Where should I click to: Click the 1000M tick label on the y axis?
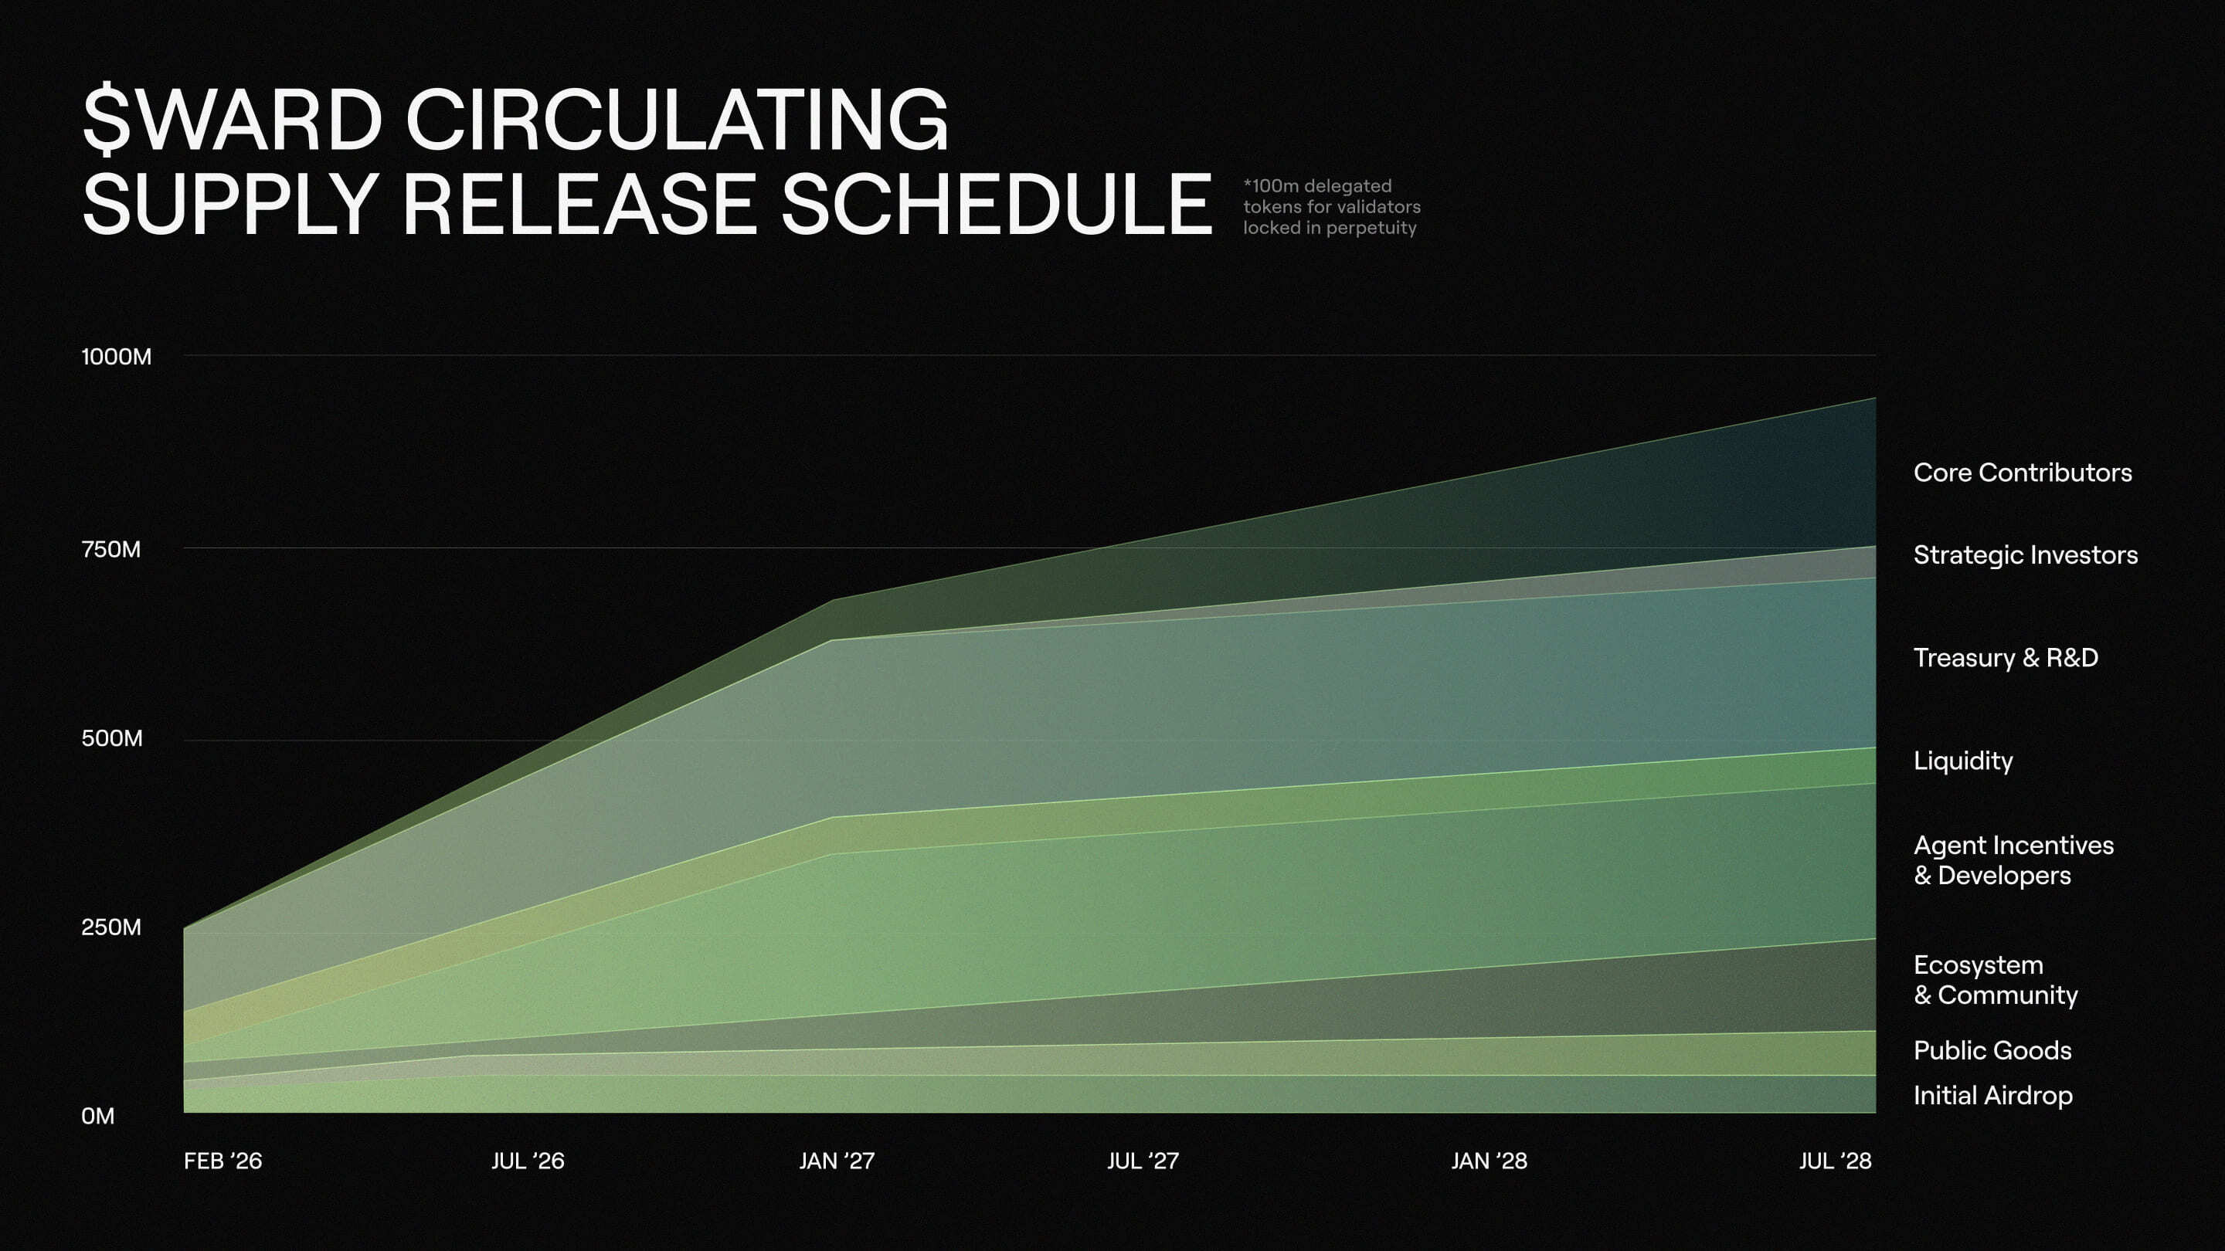click(x=116, y=357)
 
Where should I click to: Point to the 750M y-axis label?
click(x=110, y=549)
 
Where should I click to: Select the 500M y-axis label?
click(x=111, y=738)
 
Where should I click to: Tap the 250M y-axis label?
click(x=110, y=927)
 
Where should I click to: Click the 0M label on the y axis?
click(x=97, y=1117)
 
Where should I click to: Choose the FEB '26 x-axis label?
click(x=222, y=1161)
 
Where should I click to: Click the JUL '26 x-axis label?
click(x=528, y=1161)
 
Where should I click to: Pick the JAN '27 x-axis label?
click(x=836, y=1161)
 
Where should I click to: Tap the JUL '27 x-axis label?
click(x=1143, y=1161)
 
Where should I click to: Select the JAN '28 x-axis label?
click(x=1489, y=1161)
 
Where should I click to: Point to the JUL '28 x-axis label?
click(x=1835, y=1161)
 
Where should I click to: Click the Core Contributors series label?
click(x=2022, y=473)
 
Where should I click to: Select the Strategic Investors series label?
click(x=2026, y=555)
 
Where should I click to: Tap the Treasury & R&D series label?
click(x=2006, y=658)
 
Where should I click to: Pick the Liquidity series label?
click(x=1962, y=761)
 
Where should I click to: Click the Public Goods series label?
click(x=1992, y=1051)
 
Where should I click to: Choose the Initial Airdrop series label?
click(x=1992, y=1096)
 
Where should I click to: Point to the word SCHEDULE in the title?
click(x=996, y=204)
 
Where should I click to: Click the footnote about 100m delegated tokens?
click(x=1331, y=207)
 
